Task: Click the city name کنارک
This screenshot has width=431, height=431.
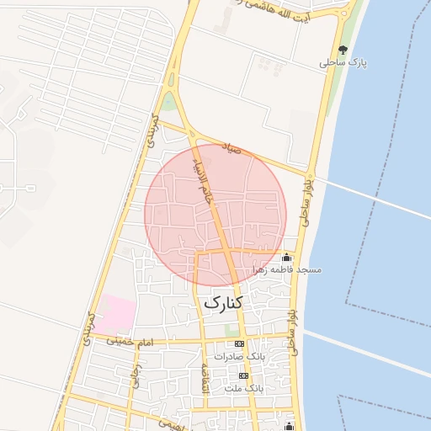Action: [223, 301]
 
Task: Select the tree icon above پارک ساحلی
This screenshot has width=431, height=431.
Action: [343, 50]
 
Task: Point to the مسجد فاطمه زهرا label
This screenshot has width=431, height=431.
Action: [287, 269]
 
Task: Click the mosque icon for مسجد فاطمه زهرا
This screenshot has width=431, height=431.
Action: [287, 258]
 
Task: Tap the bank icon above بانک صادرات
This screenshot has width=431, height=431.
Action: [240, 344]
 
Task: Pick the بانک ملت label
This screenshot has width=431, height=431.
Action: [244, 388]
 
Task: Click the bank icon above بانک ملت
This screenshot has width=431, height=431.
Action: [244, 375]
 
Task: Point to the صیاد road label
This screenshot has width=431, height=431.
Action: [231, 149]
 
